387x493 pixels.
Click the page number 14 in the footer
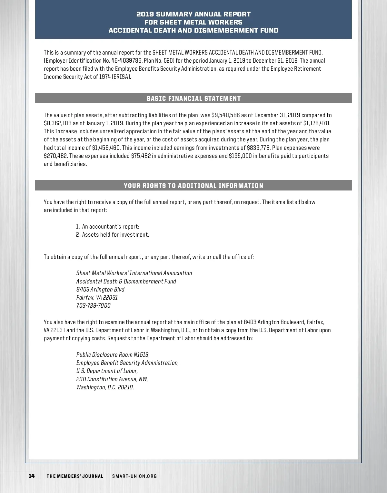[x=32, y=476]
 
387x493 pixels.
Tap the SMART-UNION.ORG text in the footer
[x=134, y=476]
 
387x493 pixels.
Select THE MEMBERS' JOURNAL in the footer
[x=75, y=476]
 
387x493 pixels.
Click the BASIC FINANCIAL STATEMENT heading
[x=193, y=98]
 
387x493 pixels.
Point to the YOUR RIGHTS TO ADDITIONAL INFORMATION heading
[x=193, y=186]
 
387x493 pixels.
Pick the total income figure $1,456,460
[x=106, y=148]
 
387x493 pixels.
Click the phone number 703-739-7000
[x=93, y=306]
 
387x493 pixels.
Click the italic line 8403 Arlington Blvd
[x=100, y=289]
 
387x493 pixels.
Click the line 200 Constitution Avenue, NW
[x=112, y=379]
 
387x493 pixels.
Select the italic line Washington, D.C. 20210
[x=105, y=387]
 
